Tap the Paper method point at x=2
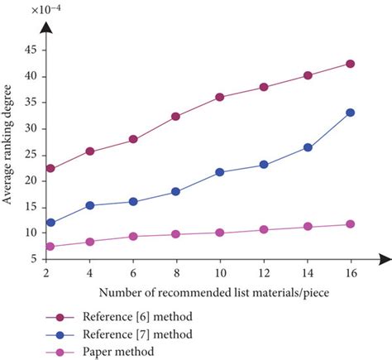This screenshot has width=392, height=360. point(50,247)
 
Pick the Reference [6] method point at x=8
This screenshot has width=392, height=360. point(176,117)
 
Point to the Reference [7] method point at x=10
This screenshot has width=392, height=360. point(220,172)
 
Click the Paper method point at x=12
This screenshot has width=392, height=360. point(264,229)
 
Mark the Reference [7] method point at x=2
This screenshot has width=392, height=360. point(50,223)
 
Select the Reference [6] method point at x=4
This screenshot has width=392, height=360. point(90,151)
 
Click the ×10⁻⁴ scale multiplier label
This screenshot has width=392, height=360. point(25,9)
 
